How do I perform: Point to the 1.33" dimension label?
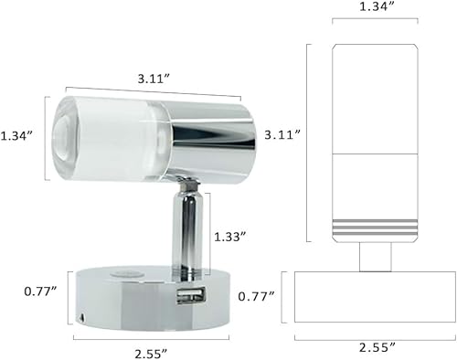230,236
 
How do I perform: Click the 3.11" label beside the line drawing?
283,133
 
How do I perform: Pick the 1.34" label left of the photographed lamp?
19,135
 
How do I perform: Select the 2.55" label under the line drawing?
377,347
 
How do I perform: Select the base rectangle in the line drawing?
377,297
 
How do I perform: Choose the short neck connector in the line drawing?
376,257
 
